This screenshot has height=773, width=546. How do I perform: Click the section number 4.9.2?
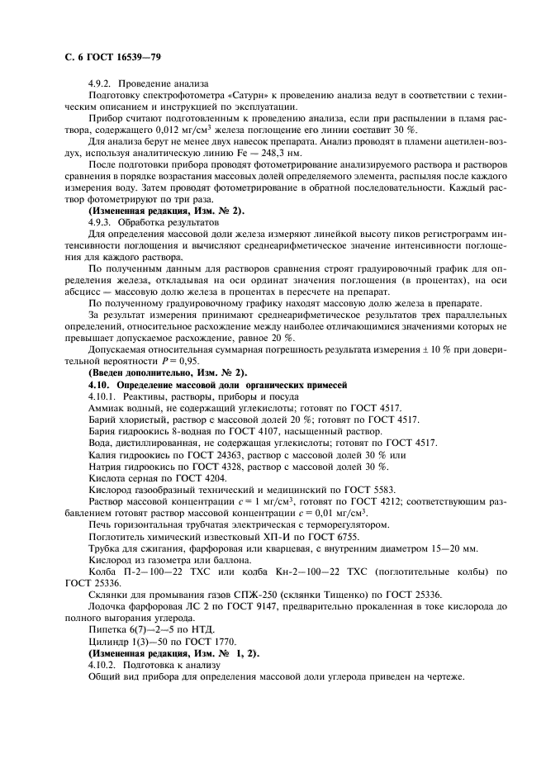coord(101,84)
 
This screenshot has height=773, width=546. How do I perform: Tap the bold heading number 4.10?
coord(100,385)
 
